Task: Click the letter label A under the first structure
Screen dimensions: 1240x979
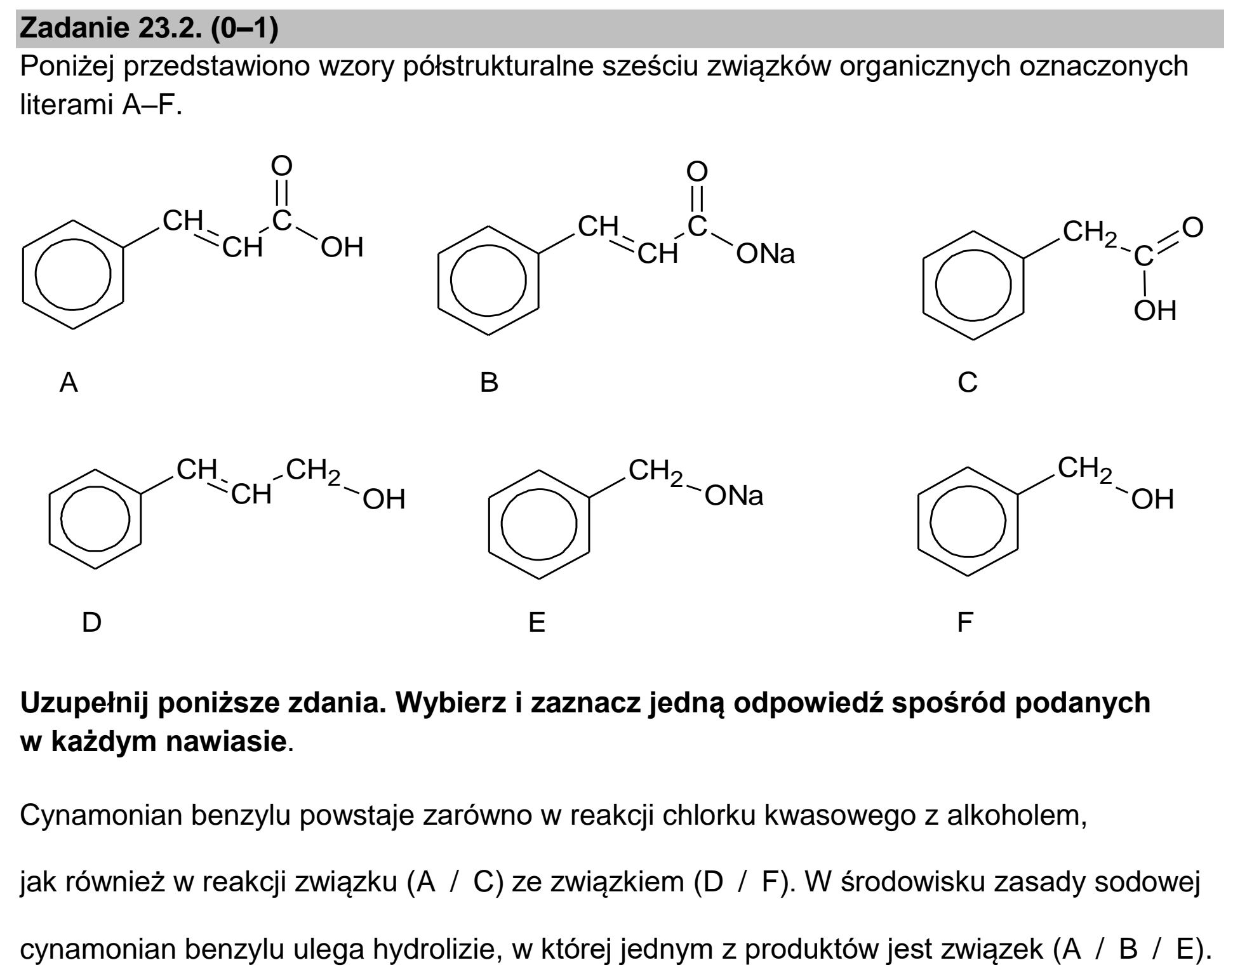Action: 69,383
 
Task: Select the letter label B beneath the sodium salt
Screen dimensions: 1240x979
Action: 490,383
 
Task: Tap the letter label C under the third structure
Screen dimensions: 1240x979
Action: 968,383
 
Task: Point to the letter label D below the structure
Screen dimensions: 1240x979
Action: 91,622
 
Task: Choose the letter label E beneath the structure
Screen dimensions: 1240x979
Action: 537,622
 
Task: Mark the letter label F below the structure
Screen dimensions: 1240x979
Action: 965,622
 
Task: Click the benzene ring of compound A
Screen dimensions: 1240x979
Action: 23,275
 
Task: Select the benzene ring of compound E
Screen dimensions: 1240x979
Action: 490,524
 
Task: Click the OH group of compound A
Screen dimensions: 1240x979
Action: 342,248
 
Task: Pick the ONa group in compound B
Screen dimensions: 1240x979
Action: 765,254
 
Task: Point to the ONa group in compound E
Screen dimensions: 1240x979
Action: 733,495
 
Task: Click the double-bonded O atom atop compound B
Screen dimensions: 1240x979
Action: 697,171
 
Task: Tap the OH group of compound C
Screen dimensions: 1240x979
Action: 1156,311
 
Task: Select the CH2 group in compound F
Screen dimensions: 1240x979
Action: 1085,470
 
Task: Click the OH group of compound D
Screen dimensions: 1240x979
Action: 384,500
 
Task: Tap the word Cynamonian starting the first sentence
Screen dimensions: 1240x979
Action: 101,815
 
